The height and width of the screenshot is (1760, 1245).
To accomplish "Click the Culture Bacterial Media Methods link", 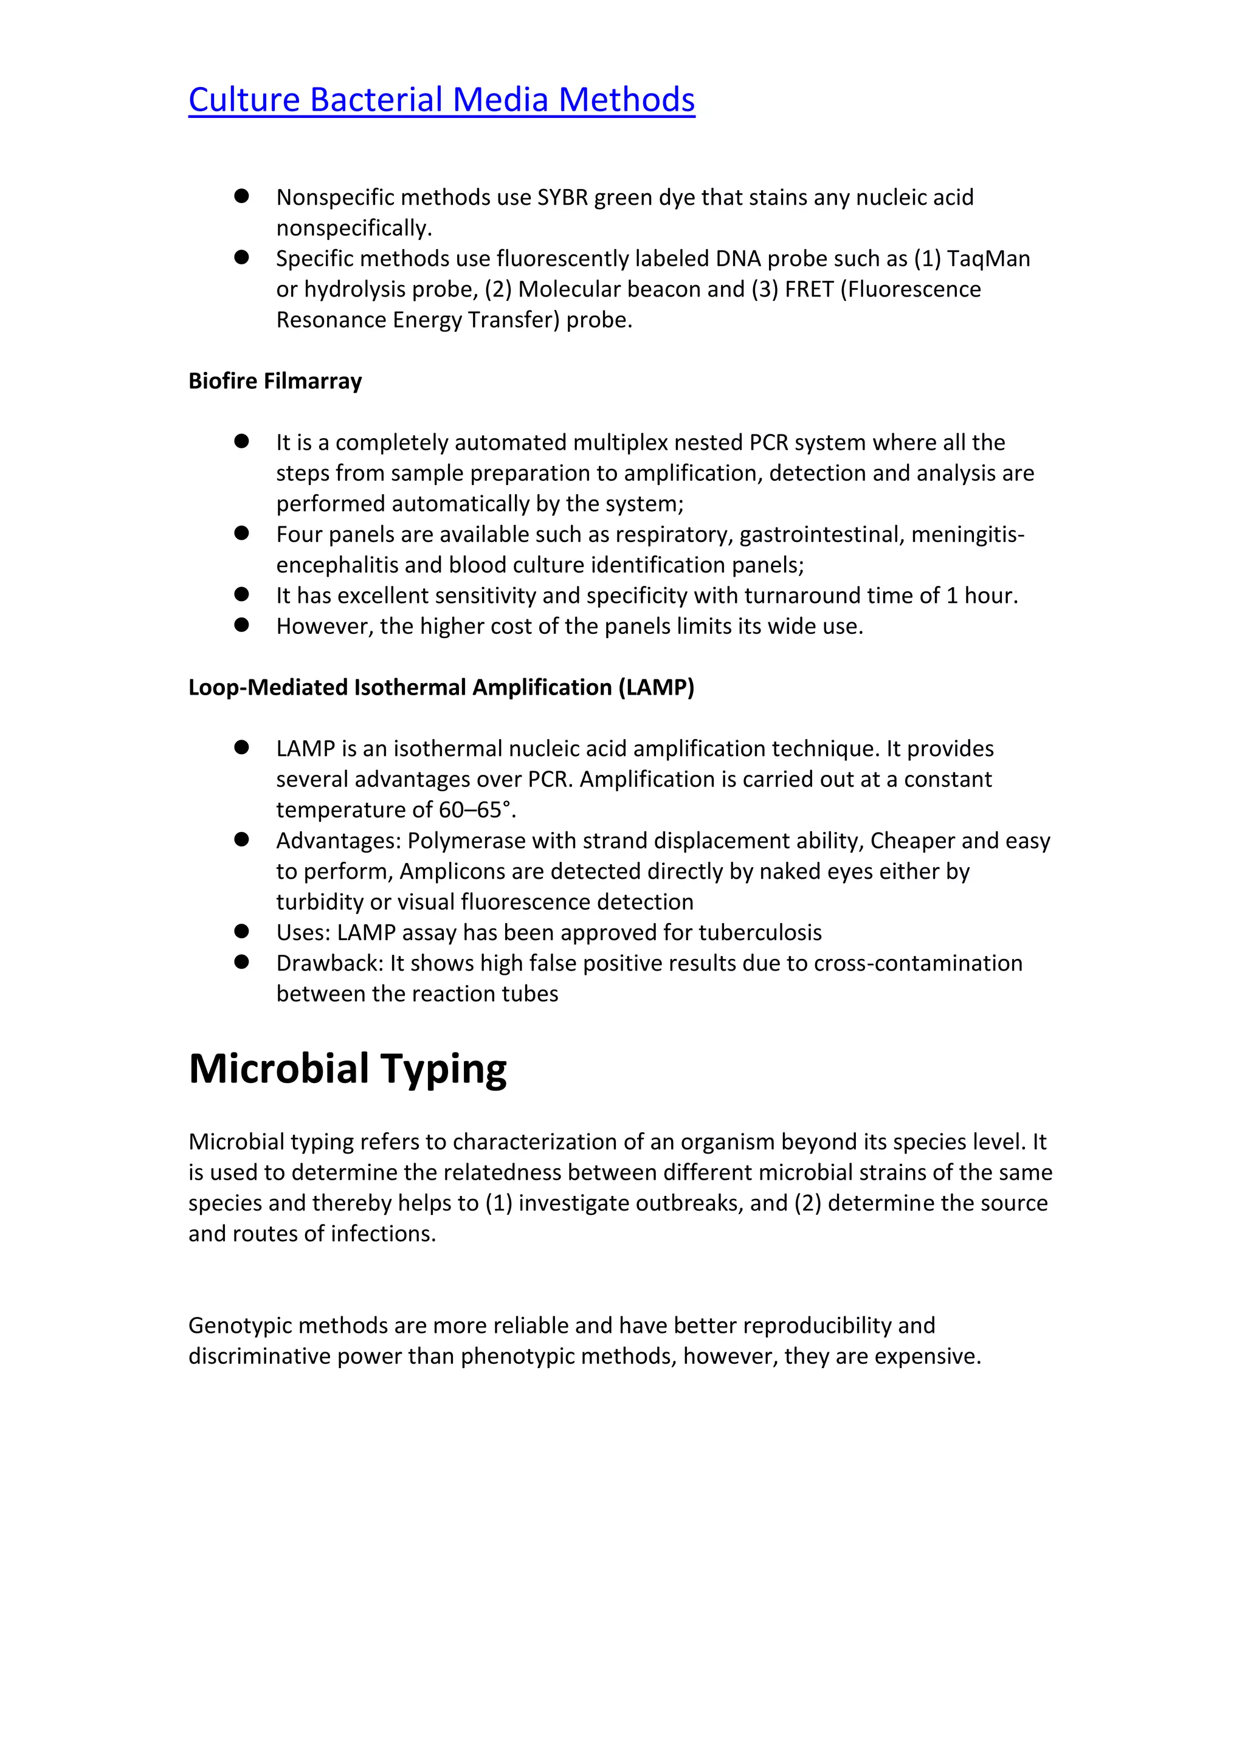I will coord(441,100).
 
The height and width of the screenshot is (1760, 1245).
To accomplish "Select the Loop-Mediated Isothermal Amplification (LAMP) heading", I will coord(441,687).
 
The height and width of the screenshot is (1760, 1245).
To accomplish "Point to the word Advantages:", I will coord(338,841).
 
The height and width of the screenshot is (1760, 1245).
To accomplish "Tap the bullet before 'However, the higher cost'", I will coord(241,625).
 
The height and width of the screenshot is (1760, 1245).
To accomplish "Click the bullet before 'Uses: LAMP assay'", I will coord(241,932).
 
